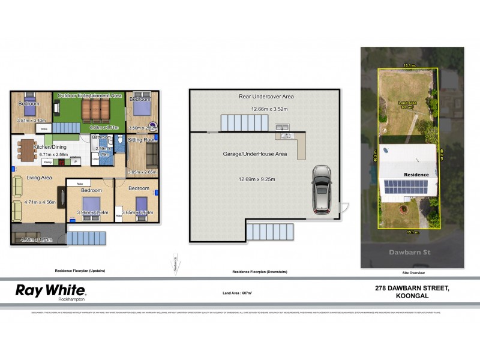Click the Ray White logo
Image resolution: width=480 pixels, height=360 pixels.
coord(50,292)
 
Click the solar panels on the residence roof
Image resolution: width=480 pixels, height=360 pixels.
coord(406,187)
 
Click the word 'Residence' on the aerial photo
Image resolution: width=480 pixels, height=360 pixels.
coord(416,175)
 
